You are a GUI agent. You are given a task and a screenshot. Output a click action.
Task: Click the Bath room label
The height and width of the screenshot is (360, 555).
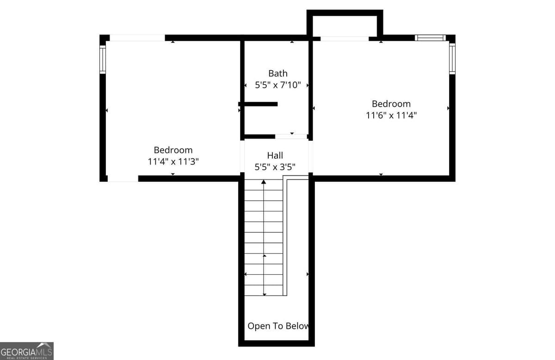pos(277,73)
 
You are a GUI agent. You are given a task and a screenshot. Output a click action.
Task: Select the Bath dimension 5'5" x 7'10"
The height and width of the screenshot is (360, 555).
pos(278,85)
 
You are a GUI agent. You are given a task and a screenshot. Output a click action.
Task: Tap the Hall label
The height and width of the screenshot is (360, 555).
pos(275,155)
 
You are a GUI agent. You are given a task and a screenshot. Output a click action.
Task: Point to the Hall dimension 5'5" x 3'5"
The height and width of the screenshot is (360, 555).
pos(275,167)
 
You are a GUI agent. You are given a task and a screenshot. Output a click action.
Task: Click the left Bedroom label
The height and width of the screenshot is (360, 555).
pos(173,150)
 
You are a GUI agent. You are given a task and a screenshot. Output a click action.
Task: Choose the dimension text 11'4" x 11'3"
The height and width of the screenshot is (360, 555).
pos(173,161)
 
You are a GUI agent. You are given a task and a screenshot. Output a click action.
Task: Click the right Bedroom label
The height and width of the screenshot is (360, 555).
pos(391,104)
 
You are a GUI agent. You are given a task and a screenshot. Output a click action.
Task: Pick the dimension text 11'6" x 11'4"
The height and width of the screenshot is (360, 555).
pos(391,115)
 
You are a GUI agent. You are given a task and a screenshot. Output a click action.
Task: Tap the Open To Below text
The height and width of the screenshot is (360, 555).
pos(278,326)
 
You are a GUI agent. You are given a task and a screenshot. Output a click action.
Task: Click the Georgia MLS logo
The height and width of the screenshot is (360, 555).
pos(26,351)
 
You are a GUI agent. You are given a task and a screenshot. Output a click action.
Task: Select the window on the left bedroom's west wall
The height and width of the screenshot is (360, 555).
pos(103,59)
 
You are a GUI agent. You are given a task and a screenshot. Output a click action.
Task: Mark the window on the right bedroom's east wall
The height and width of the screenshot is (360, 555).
pos(452,58)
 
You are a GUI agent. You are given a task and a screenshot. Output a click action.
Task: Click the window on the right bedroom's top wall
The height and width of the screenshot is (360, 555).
pos(430,38)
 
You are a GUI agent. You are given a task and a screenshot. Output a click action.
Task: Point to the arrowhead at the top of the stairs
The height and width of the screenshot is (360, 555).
pos(264,182)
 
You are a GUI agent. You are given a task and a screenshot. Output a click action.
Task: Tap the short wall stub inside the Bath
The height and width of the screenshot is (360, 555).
pos(259,104)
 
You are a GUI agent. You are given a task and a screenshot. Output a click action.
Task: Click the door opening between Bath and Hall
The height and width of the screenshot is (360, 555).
pos(291,137)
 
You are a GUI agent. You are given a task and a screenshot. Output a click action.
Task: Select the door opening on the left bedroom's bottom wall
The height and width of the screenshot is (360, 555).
pos(123,178)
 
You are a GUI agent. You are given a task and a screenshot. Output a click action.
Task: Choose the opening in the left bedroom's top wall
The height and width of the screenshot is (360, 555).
pos(137,38)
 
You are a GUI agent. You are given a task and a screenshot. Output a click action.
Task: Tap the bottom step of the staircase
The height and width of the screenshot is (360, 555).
pos(264,291)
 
